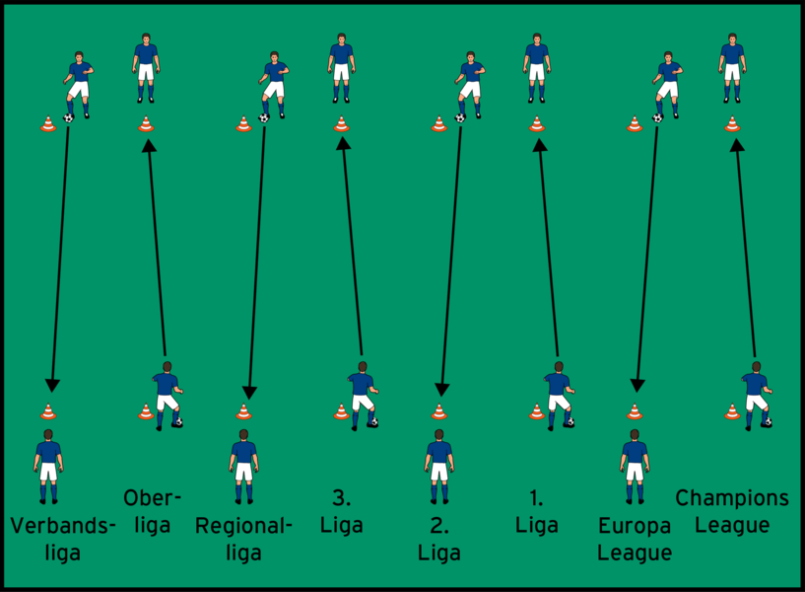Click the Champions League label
coord(731,511)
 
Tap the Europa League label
coord(635,539)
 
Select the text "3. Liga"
coord(341,511)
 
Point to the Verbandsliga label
coord(62,539)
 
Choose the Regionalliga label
coord(243,539)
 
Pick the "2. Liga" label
coord(438,539)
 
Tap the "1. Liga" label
coord(536,511)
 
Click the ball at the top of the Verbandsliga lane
coord(68,117)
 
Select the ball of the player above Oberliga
coord(178,422)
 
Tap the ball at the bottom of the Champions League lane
coord(767,422)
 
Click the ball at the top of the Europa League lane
coord(657,117)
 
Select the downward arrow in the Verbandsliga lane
coord(59,257)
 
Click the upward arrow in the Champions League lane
coord(745,247)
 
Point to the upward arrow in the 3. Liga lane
coord(352,247)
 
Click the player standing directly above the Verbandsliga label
coord(48,464)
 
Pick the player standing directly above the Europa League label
coord(635,464)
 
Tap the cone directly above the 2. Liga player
coord(438,411)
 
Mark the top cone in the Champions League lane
coord(731,124)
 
